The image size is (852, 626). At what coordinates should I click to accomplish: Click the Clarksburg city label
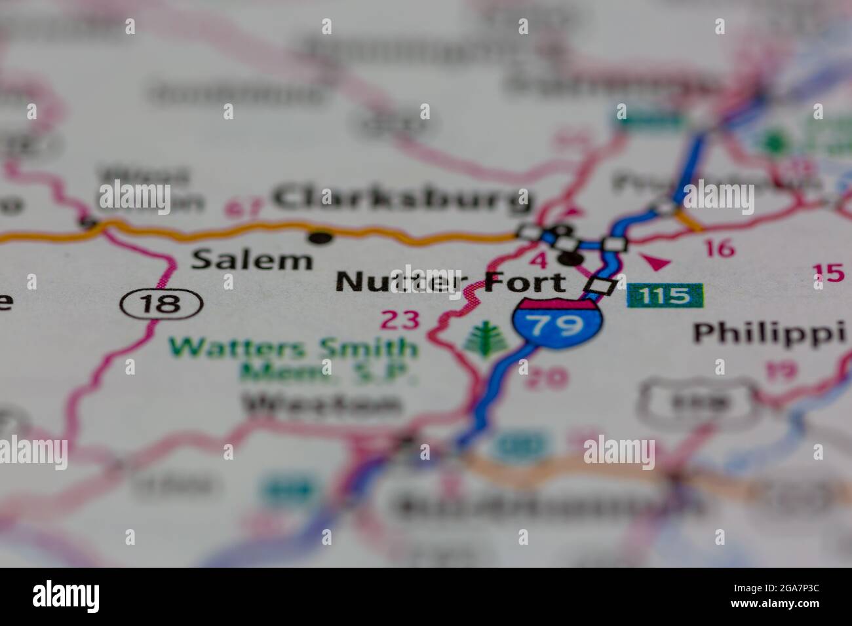[402, 199]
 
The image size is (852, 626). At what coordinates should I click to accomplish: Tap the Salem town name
[252, 260]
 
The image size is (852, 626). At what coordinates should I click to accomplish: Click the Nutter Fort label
[450, 282]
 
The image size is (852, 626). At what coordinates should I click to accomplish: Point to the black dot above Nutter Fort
[571, 260]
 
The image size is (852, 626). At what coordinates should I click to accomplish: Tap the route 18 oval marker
[161, 303]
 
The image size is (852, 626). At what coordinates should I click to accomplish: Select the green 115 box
[665, 296]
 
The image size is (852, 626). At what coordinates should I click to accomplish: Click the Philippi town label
[772, 333]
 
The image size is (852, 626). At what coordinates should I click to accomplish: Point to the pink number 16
[718, 249]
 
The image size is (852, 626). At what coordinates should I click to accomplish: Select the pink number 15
[828, 272]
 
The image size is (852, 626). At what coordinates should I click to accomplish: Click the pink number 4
[539, 260]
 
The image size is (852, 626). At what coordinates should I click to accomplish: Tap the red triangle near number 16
[655, 263]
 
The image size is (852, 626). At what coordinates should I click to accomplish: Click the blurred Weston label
[322, 405]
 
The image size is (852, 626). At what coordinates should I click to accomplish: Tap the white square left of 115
[602, 286]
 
